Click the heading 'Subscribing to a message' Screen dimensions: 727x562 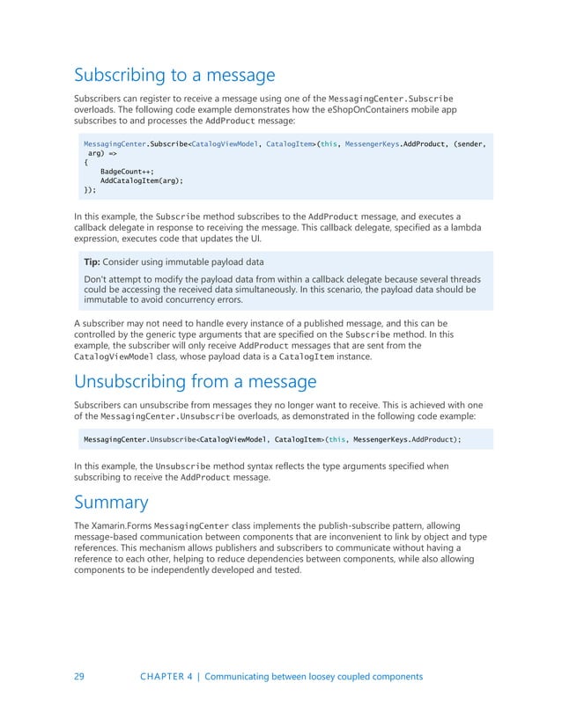click(174, 75)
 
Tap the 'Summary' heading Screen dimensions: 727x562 click(111, 503)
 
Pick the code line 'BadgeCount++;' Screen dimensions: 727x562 click(127, 171)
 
